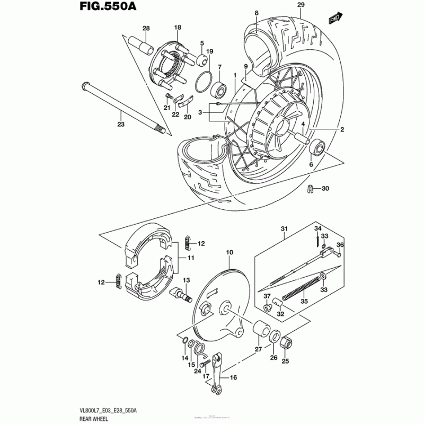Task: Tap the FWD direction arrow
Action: pyautogui.click(x=334, y=19)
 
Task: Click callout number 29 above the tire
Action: pyautogui.click(x=301, y=5)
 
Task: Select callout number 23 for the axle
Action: pyautogui.click(x=121, y=125)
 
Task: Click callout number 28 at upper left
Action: pyautogui.click(x=146, y=29)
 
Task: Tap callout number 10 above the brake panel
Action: pyautogui.click(x=229, y=253)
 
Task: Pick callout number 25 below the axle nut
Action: pyautogui.click(x=285, y=362)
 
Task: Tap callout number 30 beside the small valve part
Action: pyautogui.click(x=325, y=189)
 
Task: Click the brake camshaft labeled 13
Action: pyautogui.click(x=183, y=293)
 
